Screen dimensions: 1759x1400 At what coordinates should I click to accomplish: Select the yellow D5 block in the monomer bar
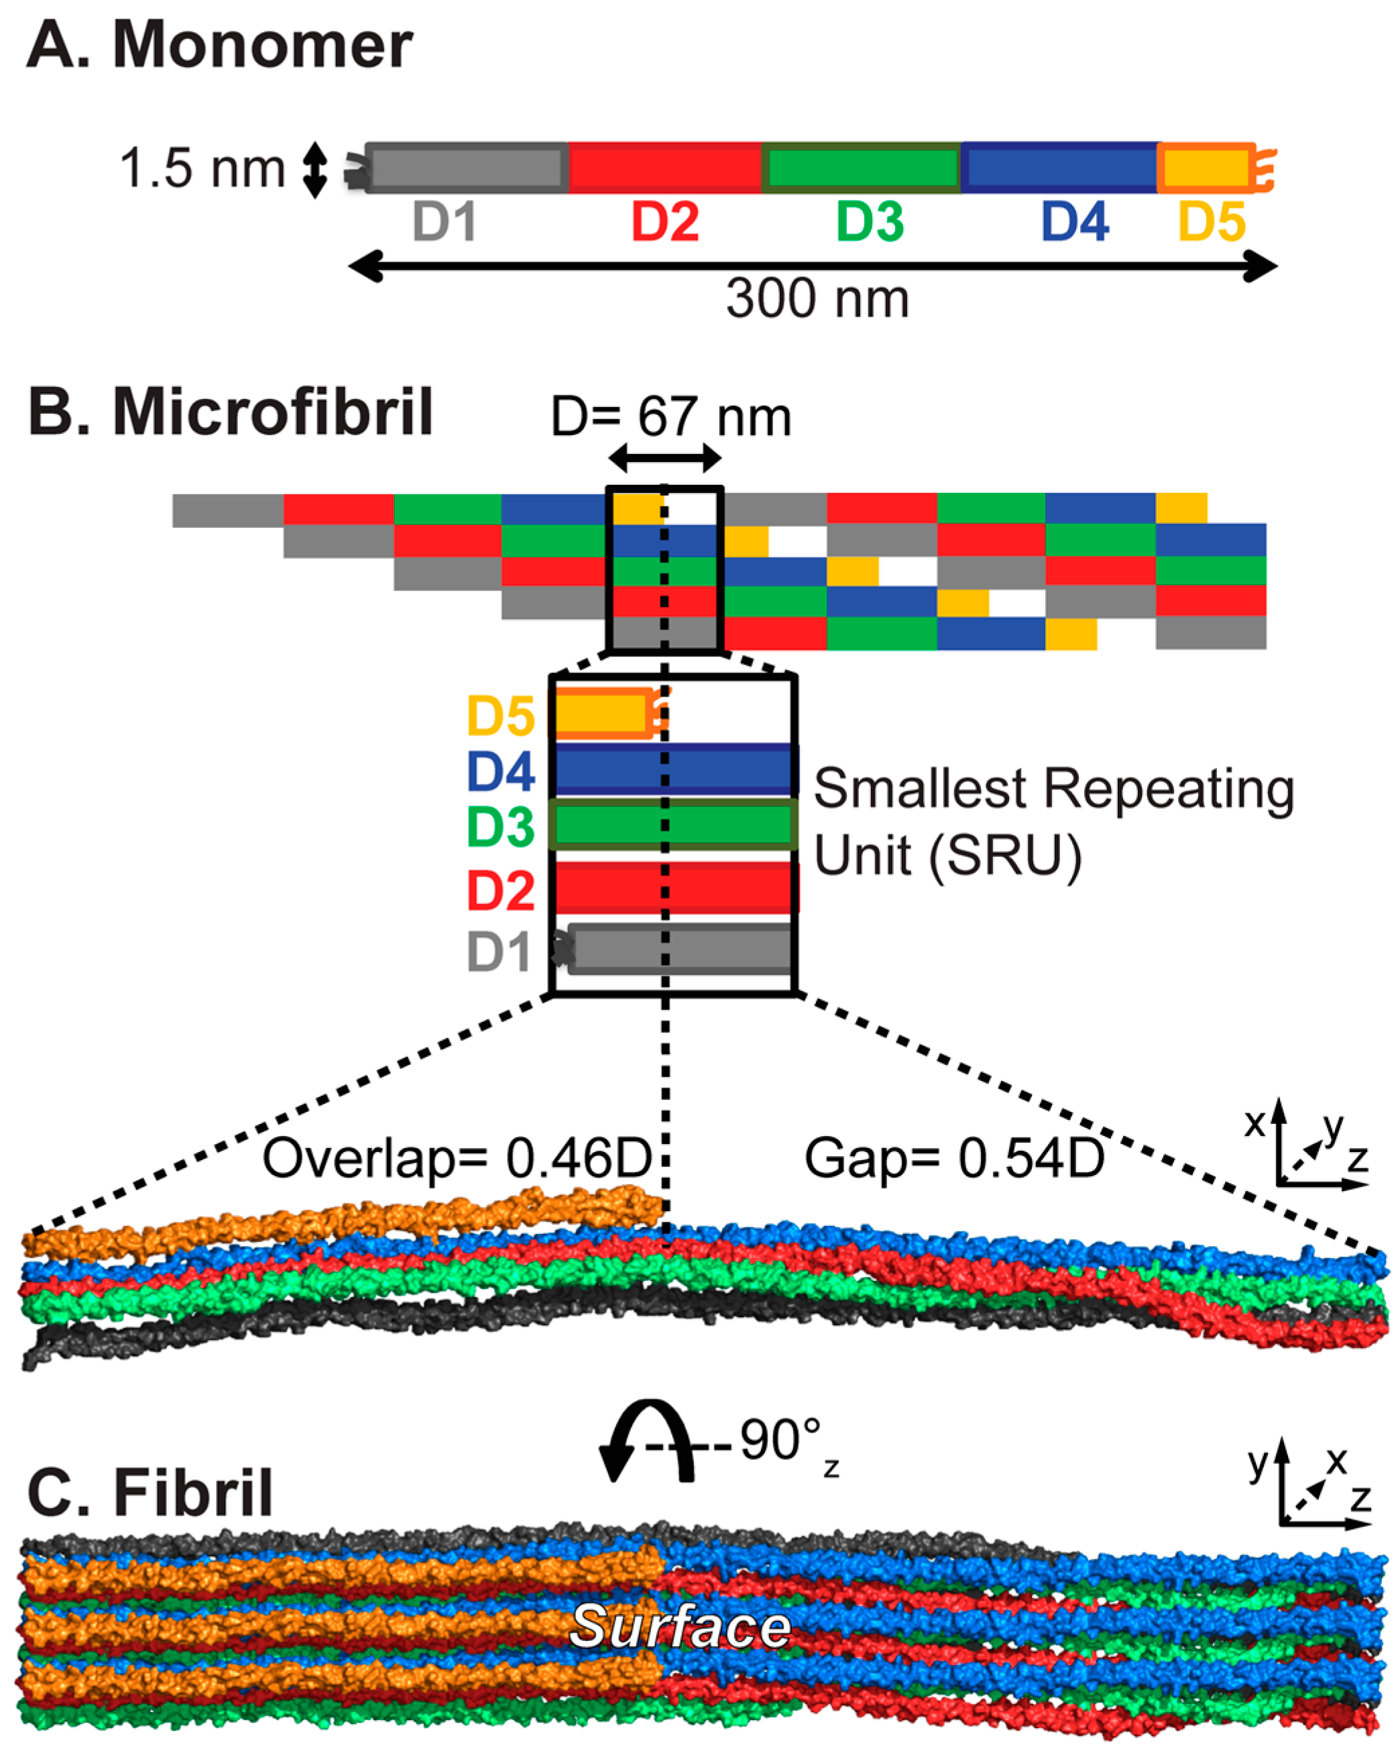[x=1205, y=167]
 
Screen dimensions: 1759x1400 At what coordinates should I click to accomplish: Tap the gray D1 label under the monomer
[x=444, y=221]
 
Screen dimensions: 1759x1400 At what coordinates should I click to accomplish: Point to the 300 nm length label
[x=817, y=298]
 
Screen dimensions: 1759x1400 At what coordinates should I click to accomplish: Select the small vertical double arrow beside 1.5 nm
[x=315, y=170]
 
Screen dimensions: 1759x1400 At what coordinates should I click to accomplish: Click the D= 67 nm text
[x=670, y=417]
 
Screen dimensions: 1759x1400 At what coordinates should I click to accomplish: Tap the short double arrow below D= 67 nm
[x=665, y=459]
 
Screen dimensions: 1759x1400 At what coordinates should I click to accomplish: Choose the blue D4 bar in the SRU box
[x=673, y=769]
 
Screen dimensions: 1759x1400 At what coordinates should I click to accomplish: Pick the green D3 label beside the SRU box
[x=500, y=826]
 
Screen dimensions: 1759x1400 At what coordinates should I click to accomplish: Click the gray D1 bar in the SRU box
[x=680, y=949]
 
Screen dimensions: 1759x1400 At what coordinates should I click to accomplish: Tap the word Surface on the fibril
[x=680, y=1625]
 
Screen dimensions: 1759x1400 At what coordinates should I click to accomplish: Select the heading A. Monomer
[x=221, y=45]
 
